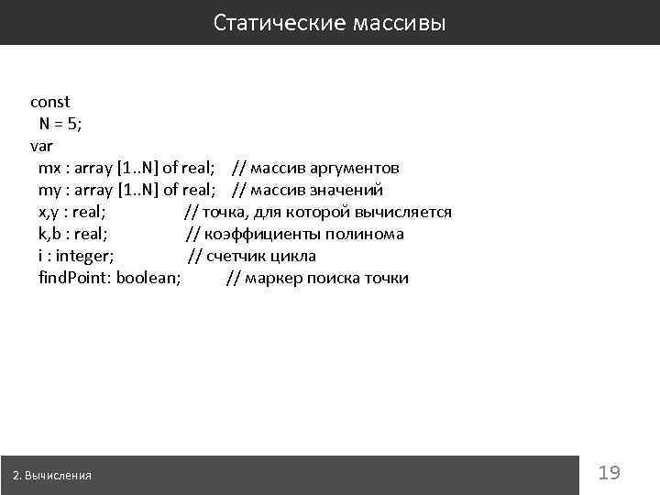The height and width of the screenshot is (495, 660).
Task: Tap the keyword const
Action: click(x=49, y=102)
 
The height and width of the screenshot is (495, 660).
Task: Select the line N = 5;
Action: click(x=60, y=124)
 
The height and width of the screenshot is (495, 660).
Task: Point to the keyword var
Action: click(x=42, y=146)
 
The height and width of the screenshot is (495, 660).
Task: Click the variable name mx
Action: click(x=49, y=168)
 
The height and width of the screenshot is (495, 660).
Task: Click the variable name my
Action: click(x=49, y=190)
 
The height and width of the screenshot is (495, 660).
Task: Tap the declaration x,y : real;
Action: click(x=77, y=212)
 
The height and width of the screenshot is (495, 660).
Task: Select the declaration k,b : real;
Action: click(x=73, y=234)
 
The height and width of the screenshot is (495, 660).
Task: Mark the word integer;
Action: click(x=85, y=256)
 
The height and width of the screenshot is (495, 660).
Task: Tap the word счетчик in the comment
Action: click(x=236, y=256)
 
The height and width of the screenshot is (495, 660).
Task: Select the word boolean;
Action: click(x=148, y=278)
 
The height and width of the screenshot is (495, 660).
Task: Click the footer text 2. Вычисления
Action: click(x=52, y=476)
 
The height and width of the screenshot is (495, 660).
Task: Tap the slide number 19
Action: click(x=610, y=473)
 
